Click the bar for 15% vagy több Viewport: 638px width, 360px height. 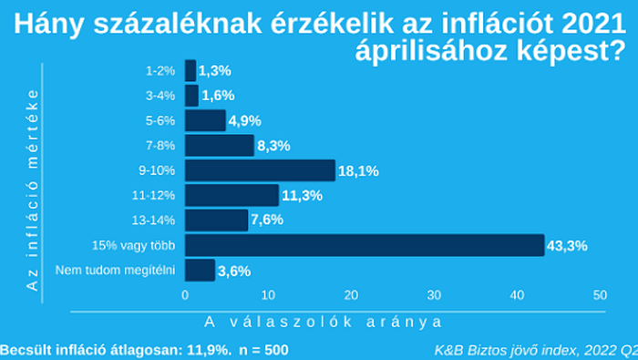click(365, 244)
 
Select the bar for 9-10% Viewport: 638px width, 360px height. click(260, 170)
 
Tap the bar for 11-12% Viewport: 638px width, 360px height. click(232, 195)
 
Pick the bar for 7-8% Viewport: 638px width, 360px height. click(219, 145)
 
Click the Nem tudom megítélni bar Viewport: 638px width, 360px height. click(200, 270)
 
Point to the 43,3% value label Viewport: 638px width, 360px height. click(566, 245)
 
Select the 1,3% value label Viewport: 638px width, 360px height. click(215, 70)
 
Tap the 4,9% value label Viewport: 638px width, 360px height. click(245, 120)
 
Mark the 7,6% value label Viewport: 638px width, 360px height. click(267, 220)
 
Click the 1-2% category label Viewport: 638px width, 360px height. click(161, 70)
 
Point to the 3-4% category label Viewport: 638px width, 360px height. click(161, 95)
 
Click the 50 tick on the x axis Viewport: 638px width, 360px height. click(600, 295)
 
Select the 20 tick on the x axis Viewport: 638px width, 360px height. click(351, 295)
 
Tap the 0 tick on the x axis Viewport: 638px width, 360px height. click(185, 295)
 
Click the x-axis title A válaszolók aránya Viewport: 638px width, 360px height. click(324, 321)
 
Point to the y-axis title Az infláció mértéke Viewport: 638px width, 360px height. click(33, 190)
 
